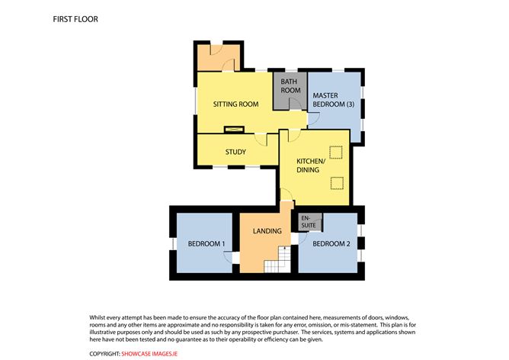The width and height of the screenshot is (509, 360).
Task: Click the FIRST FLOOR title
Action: coord(75,18)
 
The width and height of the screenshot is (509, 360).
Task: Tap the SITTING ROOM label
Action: coord(235,104)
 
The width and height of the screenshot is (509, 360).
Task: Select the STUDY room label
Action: coord(235,152)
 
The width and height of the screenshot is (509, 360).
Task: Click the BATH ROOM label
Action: coord(290,86)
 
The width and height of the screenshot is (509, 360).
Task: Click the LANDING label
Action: coord(267,231)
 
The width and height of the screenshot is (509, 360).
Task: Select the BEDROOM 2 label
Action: coord(331,244)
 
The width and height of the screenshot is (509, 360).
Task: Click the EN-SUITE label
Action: coord(311,221)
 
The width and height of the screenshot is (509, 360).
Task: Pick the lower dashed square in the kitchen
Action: coord(336,182)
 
